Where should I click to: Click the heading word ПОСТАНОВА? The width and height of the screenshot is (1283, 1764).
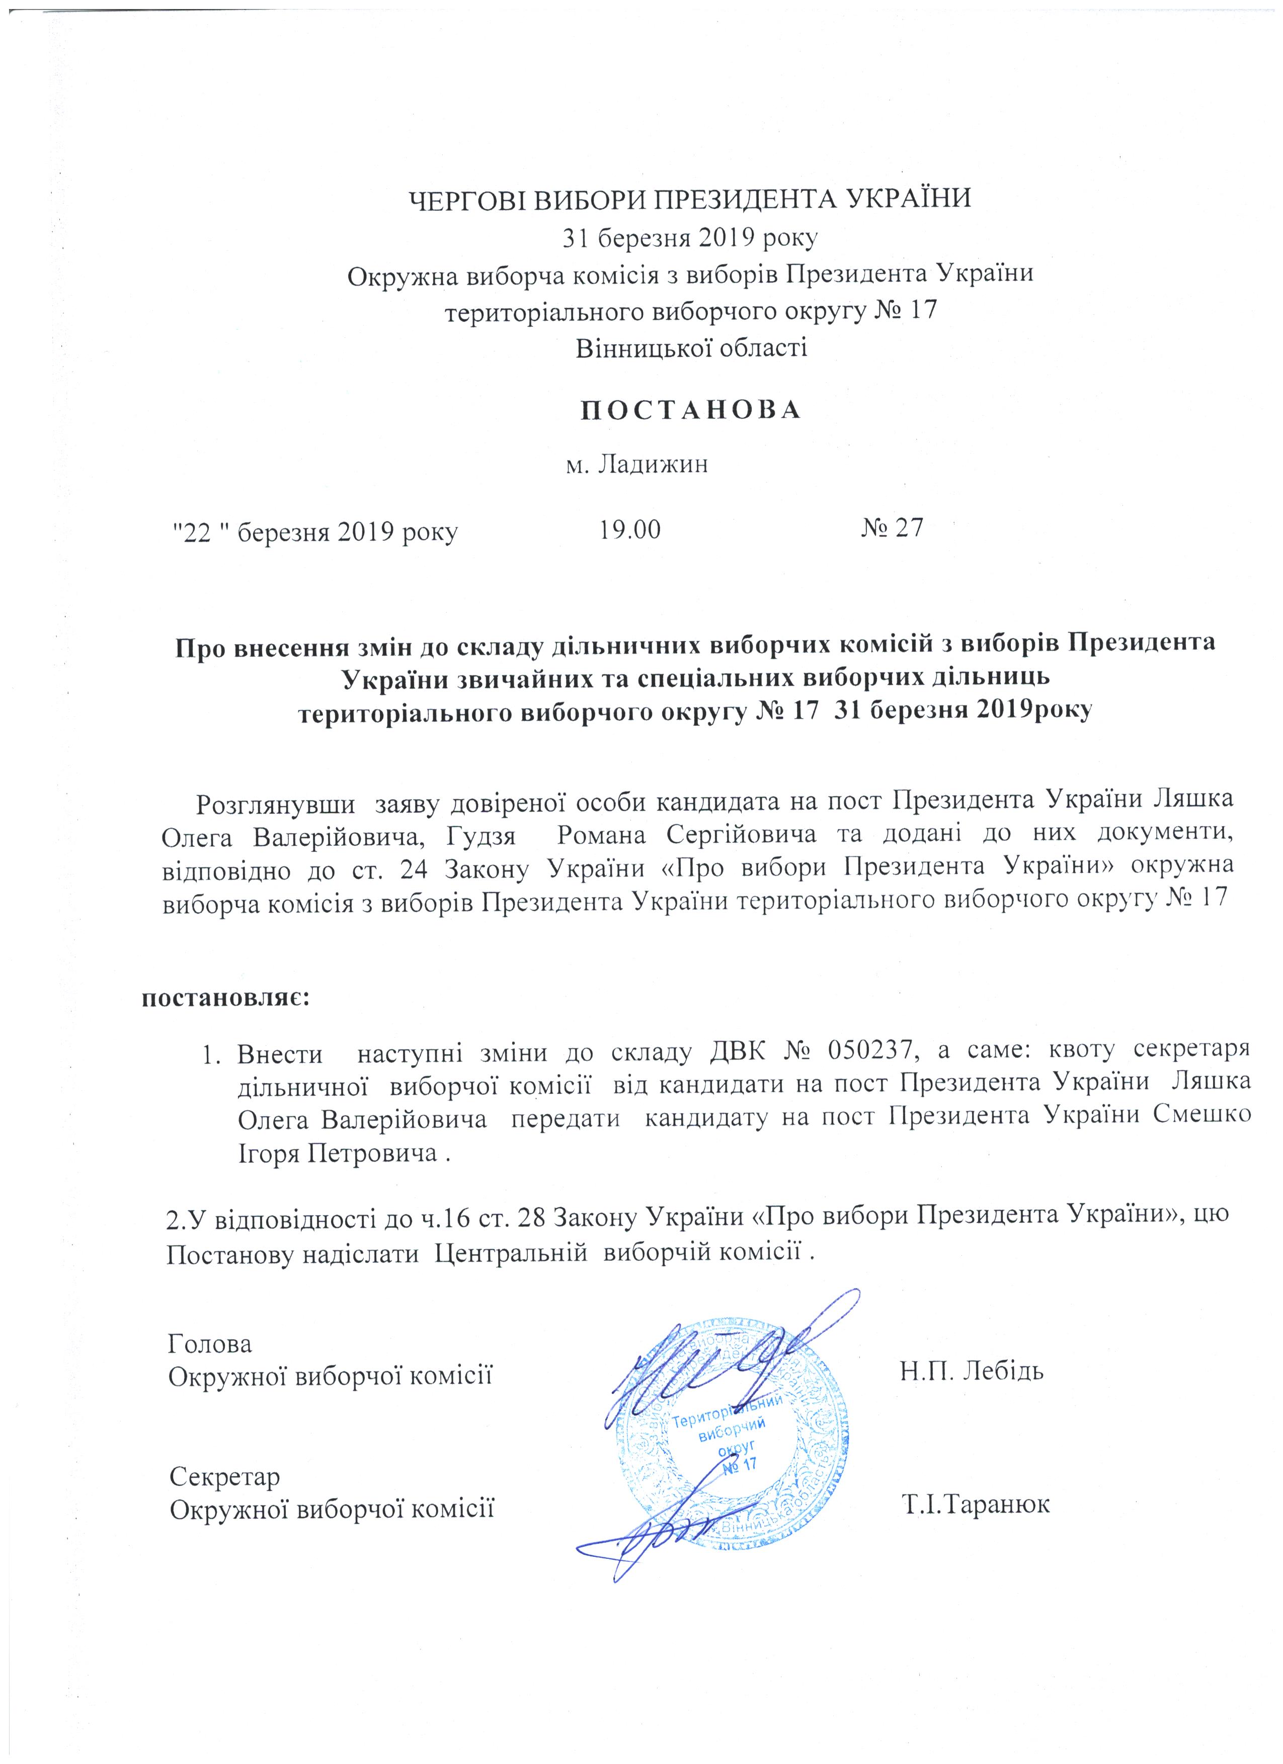691,411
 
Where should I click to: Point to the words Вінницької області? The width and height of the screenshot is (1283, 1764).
691,347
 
